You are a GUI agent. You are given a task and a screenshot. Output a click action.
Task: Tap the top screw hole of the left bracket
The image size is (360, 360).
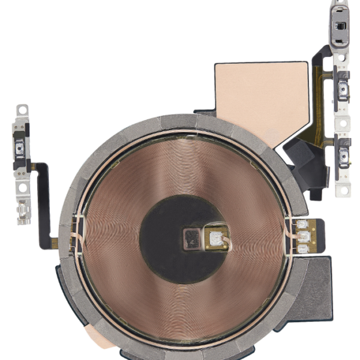coord(22,110)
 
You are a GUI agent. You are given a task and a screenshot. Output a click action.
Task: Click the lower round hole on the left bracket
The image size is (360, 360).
coord(22,187)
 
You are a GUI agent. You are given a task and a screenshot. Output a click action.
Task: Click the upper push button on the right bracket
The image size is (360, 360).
coord(344,91)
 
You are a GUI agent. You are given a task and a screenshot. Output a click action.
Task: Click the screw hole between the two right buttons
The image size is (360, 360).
coord(343,124)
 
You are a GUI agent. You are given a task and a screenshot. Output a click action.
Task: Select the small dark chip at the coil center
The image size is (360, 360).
coord(193,238)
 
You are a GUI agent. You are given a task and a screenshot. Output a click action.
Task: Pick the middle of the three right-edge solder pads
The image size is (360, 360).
coord(303,236)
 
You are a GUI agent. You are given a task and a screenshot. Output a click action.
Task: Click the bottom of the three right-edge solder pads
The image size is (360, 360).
coord(303,248)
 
